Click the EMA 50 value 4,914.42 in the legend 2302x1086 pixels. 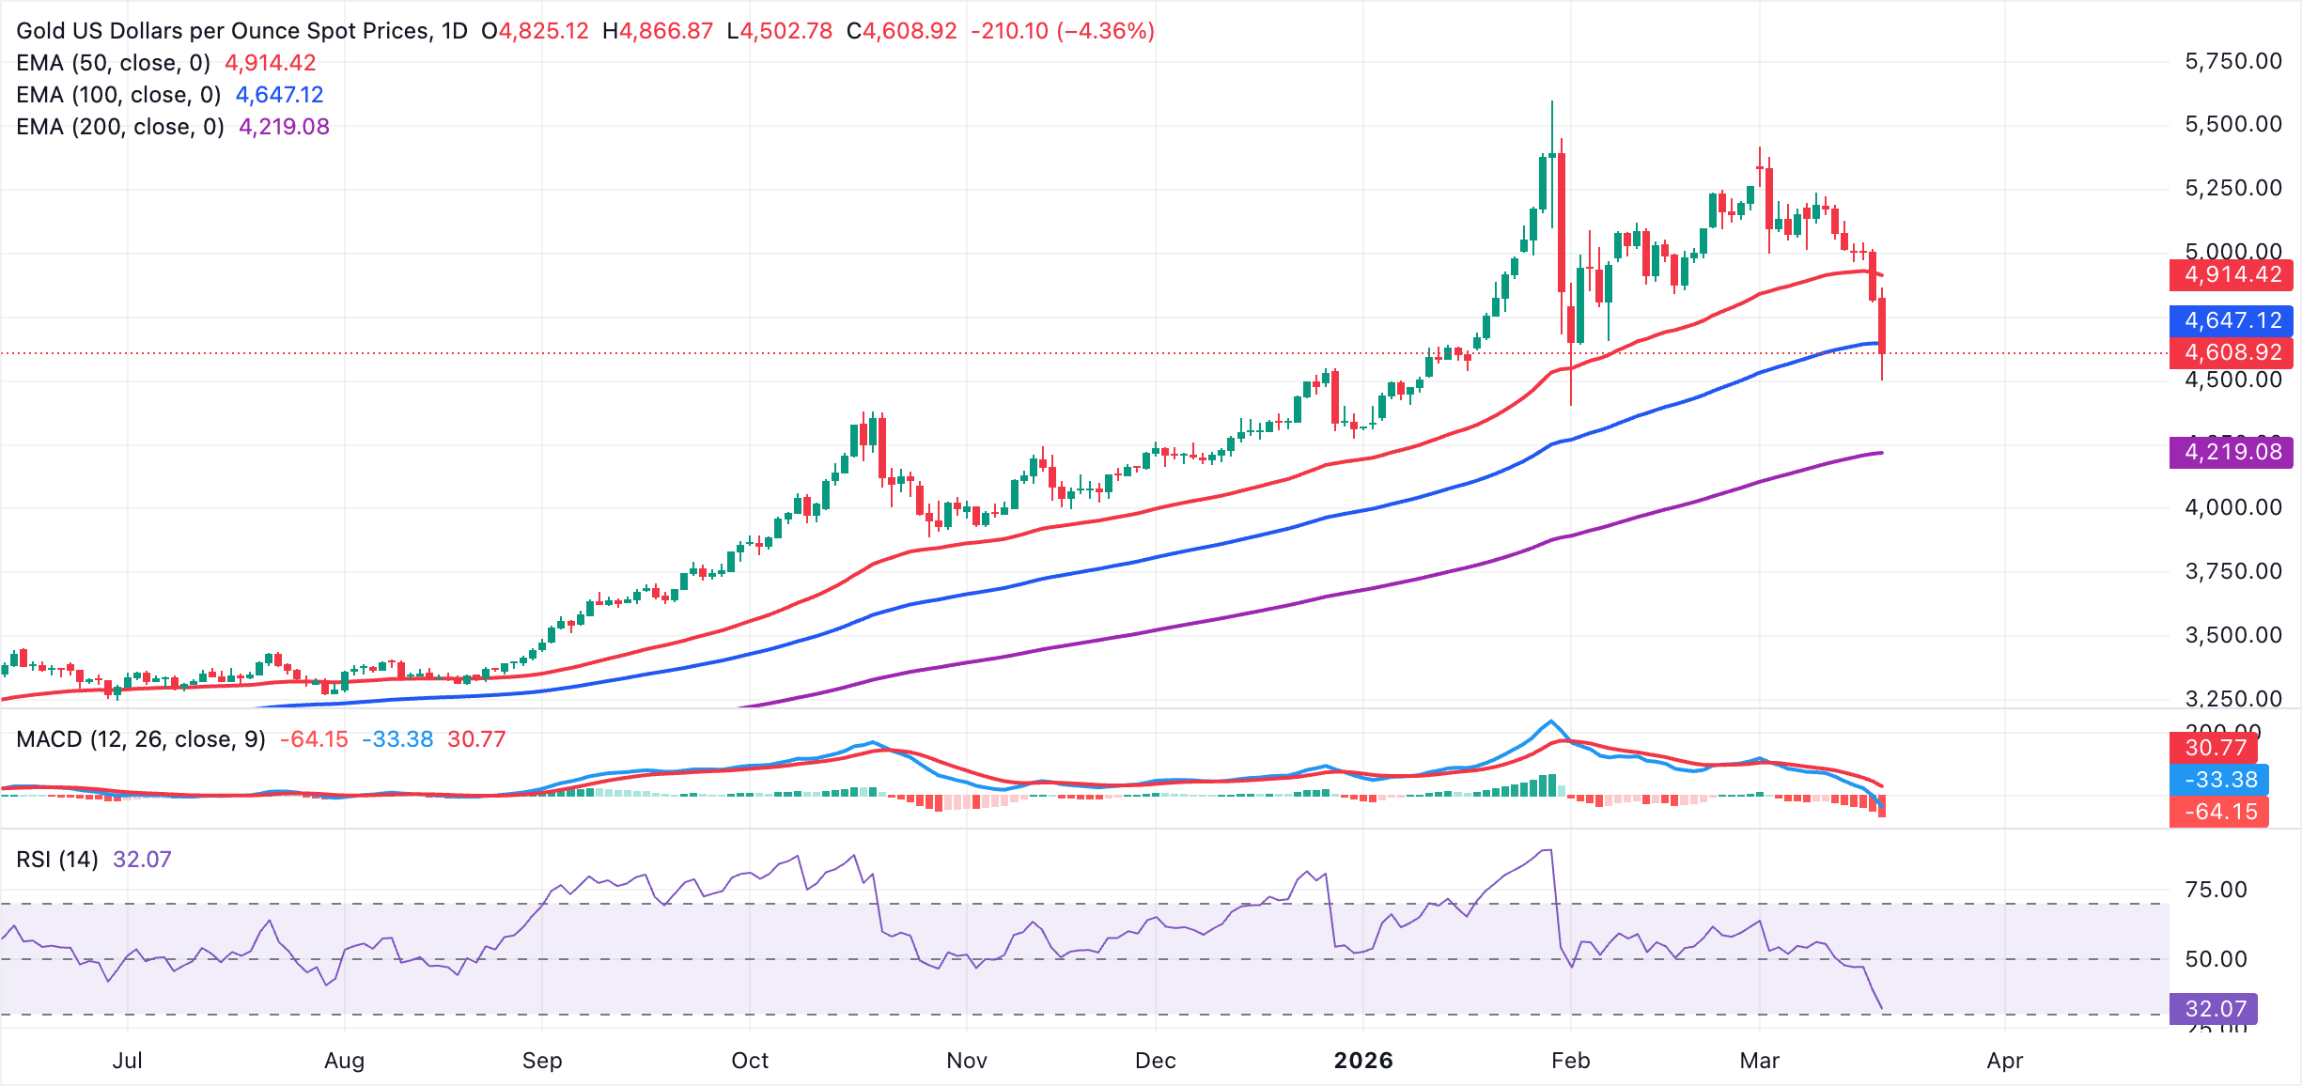[x=270, y=63]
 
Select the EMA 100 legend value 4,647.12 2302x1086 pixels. [x=279, y=95]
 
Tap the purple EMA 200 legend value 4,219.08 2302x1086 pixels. [x=284, y=127]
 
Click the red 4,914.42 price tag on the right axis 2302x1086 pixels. [x=2232, y=274]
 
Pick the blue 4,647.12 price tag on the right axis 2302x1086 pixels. [x=2232, y=320]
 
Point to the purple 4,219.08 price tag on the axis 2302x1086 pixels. [x=2232, y=452]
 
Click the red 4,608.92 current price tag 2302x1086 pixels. [x=2232, y=352]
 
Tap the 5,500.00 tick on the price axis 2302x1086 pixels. [x=2232, y=124]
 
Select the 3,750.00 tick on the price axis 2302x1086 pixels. [x=2232, y=571]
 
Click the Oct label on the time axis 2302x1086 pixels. [x=750, y=1061]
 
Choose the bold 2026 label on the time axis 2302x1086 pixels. [x=1363, y=1061]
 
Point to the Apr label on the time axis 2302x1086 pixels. [x=2004, y=1061]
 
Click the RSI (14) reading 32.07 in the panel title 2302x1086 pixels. [x=142, y=860]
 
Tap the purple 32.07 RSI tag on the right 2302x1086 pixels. [x=2214, y=1009]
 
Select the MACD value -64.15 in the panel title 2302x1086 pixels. [x=314, y=739]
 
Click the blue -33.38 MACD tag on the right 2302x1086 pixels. [x=2219, y=780]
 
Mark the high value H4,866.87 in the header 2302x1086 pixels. [x=658, y=31]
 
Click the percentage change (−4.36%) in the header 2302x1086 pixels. [x=1106, y=31]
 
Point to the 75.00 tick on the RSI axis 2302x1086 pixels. [x=2216, y=890]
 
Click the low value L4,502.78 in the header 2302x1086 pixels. [x=780, y=31]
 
